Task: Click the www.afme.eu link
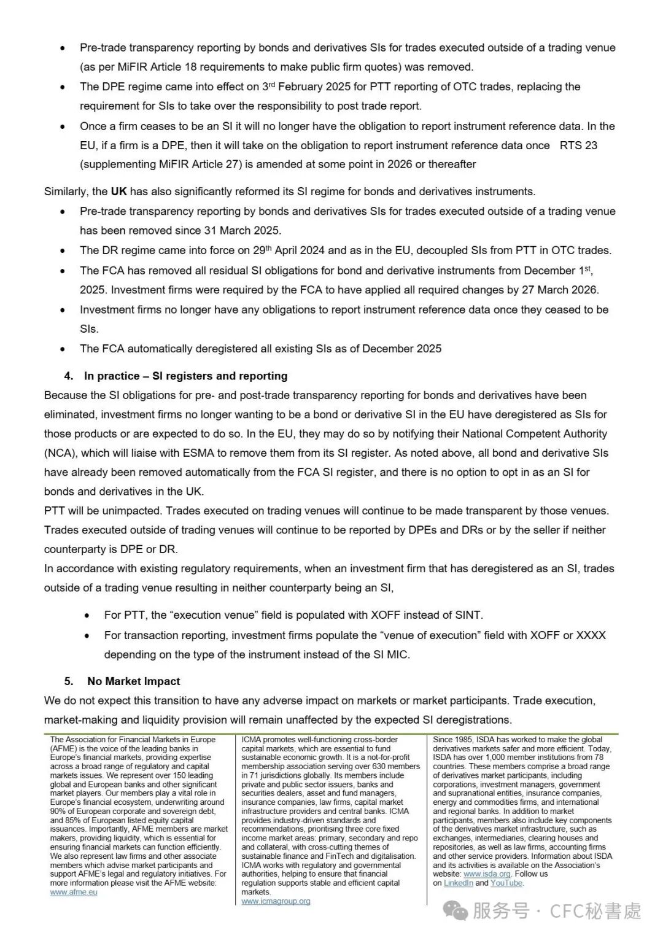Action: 74,892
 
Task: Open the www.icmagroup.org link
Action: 276,901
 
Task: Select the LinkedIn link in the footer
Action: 458,883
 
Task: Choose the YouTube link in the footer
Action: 506,883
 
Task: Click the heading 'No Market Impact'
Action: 133,681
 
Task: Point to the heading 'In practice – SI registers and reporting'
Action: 185,376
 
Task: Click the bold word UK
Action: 118,191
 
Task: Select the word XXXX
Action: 591,635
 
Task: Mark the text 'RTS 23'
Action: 578,145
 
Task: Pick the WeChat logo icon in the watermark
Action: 456,911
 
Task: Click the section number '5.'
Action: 69,681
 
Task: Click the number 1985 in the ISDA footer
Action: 465,739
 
